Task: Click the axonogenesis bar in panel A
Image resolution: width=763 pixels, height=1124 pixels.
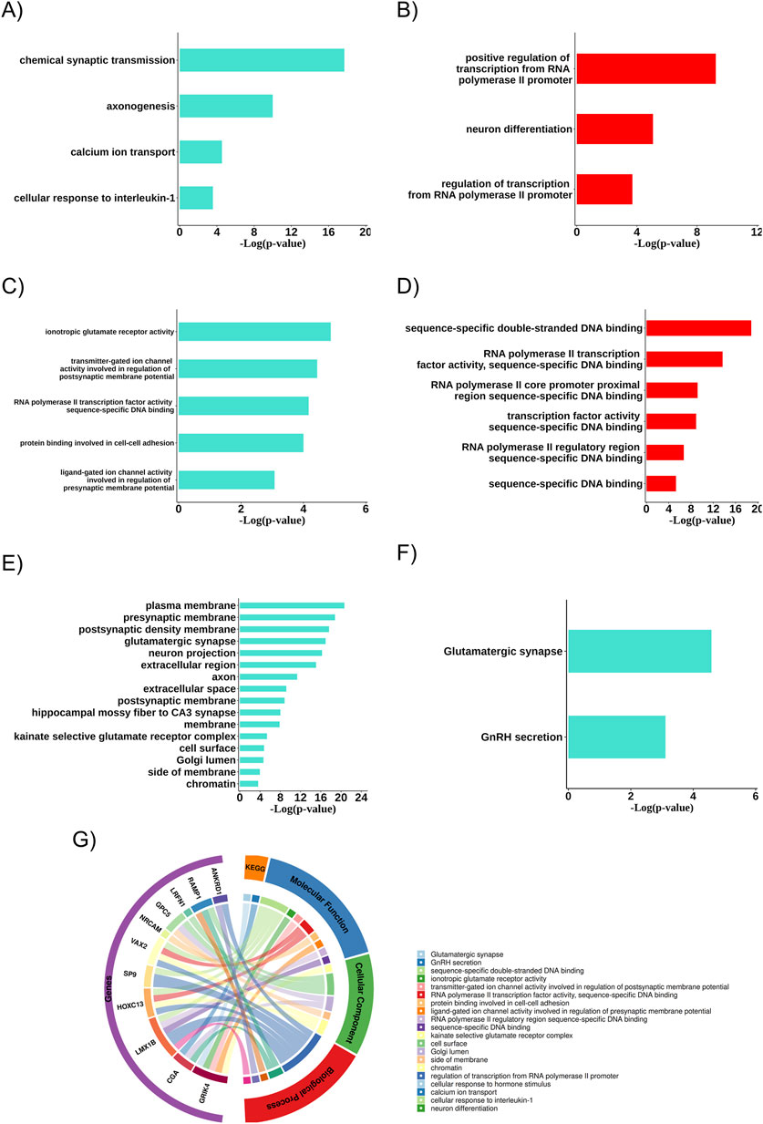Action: tap(225, 106)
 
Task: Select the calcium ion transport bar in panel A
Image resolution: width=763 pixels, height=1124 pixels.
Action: tap(200, 151)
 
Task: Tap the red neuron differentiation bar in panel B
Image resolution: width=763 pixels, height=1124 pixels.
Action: tap(613, 129)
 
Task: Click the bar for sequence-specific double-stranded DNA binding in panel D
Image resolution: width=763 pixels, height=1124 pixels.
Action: tap(697, 328)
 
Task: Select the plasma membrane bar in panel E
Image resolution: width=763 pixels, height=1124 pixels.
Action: tap(291, 605)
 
